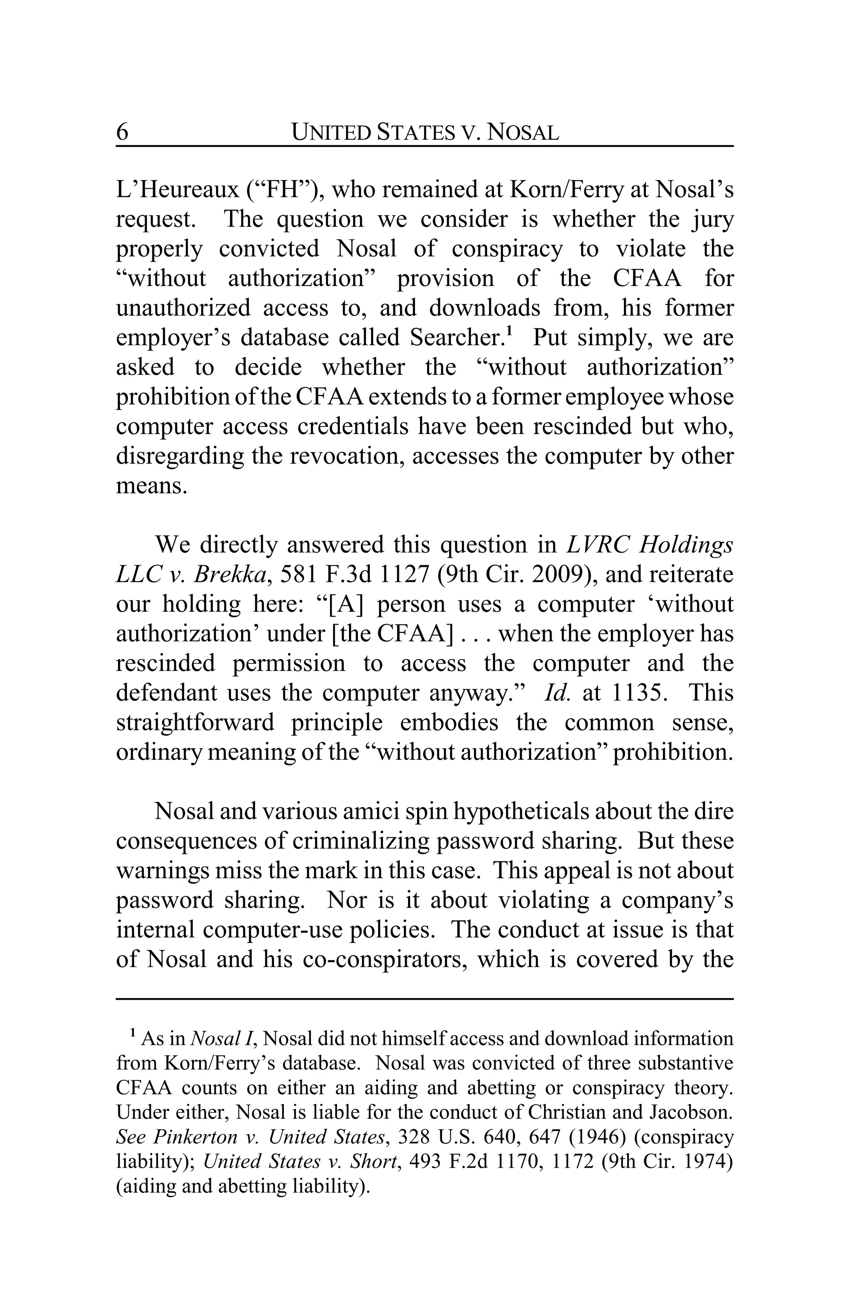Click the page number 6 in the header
[122, 132]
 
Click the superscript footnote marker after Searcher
[510, 332]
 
